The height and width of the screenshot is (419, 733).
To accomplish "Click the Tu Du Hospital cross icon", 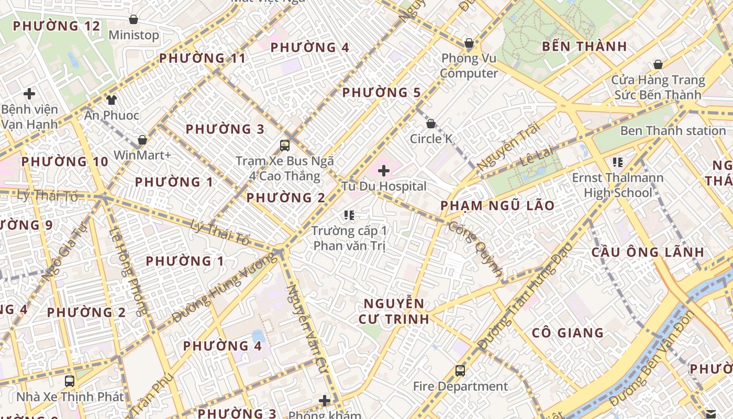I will pyautogui.click(x=384, y=170).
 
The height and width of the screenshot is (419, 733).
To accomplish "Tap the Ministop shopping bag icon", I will pyautogui.click(x=134, y=19).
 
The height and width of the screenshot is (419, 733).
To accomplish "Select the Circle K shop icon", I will pyautogui.click(x=430, y=124).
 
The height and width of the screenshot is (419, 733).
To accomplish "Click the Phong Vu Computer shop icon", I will pyautogui.click(x=469, y=42).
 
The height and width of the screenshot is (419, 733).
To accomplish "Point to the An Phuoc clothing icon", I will pyautogui.click(x=111, y=100).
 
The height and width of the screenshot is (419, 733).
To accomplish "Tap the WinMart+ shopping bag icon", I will pyautogui.click(x=142, y=140).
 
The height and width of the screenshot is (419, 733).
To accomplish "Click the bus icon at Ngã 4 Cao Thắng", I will pyautogui.click(x=285, y=145).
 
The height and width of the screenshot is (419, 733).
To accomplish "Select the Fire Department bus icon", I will pyautogui.click(x=460, y=371).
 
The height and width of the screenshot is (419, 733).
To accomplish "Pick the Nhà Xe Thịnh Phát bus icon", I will pyautogui.click(x=70, y=381).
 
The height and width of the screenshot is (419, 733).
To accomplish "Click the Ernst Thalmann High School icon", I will pyautogui.click(x=618, y=162).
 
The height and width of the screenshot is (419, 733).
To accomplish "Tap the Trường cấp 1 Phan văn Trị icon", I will pyautogui.click(x=349, y=215).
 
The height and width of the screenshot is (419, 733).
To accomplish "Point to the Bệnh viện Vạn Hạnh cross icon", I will pyautogui.click(x=29, y=94).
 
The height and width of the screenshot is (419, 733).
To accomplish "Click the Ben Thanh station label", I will pyautogui.click(x=673, y=130).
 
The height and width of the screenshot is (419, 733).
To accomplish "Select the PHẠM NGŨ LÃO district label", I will pyautogui.click(x=497, y=205).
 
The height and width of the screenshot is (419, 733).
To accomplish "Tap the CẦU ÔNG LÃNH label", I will pyautogui.click(x=648, y=252).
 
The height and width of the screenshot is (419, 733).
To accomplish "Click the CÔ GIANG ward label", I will pyautogui.click(x=568, y=333).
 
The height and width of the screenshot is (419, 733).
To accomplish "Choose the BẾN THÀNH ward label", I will pyautogui.click(x=584, y=46).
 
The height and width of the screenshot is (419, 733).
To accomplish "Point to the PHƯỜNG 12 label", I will pyautogui.click(x=56, y=26).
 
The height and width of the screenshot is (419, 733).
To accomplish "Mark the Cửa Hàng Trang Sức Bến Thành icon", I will pyautogui.click(x=658, y=64).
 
